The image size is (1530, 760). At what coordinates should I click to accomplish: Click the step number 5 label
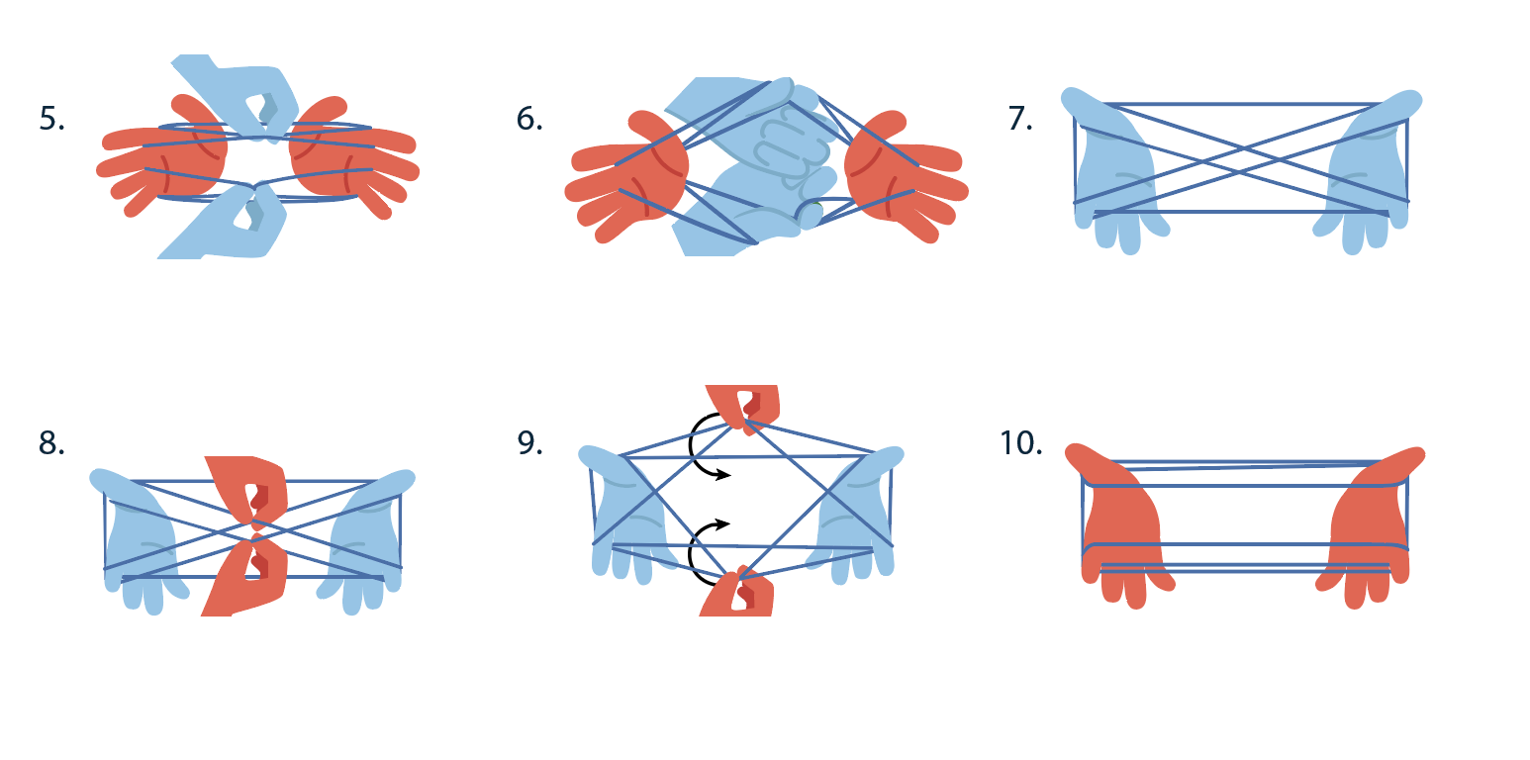coord(51,119)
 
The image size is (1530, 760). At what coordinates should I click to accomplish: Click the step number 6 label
coord(529,119)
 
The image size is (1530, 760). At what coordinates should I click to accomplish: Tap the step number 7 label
coord(1020,119)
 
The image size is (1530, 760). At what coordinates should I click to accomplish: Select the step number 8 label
coord(51,443)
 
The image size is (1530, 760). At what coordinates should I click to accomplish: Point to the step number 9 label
coord(530,443)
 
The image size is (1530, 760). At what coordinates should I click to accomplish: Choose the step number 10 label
coord(1021,443)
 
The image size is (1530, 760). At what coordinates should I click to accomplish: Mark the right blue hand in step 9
coord(857,516)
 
